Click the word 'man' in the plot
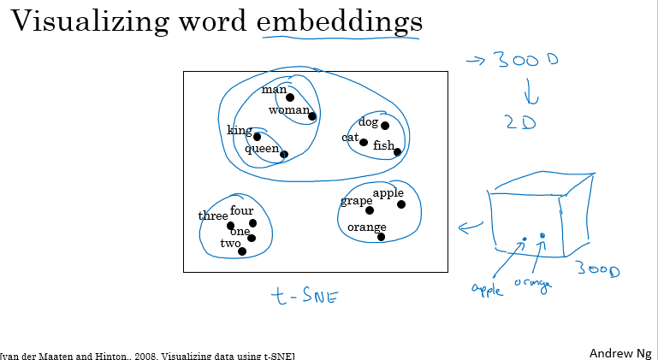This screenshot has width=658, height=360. point(274,90)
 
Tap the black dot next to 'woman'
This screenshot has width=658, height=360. point(312,116)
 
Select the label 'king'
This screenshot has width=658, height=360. point(239,130)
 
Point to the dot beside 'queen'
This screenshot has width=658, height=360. point(284,155)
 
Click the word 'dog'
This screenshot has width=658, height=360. point(368,122)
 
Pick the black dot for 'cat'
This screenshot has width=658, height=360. point(364,143)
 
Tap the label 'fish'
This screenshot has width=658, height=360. point(383,146)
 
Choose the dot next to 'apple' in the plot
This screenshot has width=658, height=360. point(401,204)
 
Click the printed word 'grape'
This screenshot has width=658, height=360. point(356,202)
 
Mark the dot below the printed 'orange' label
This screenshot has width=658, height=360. point(381,237)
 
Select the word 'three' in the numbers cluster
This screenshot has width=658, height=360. point(213,216)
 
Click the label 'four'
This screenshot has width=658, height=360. point(242,210)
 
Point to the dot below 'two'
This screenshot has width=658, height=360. point(242,251)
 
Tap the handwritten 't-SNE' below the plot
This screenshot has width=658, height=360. point(304,298)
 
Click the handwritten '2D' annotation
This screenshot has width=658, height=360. point(520,122)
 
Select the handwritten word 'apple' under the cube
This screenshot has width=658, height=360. point(488,288)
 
